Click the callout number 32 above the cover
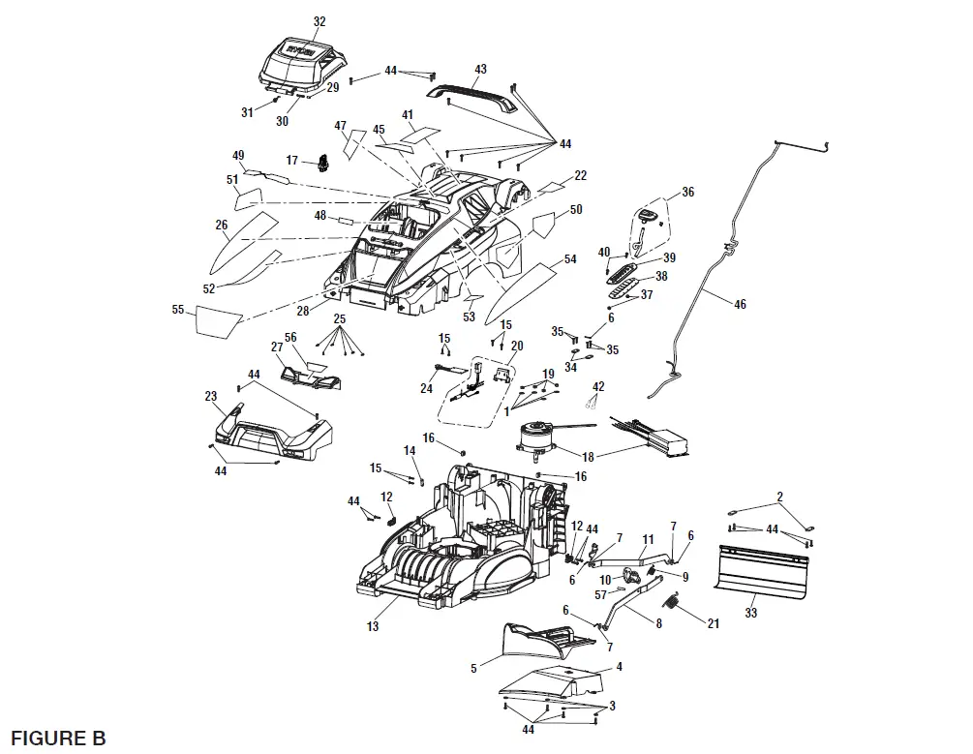pyautogui.click(x=320, y=21)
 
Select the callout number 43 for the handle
pyautogui.click(x=480, y=70)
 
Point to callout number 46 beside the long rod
pyautogui.click(x=740, y=304)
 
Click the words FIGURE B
pyautogui.click(x=58, y=738)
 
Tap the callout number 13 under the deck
pyautogui.click(x=373, y=626)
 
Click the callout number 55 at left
pyautogui.click(x=177, y=311)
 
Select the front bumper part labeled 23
pyautogui.click(x=271, y=434)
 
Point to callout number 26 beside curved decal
pyautogui.click(x=222, y=225)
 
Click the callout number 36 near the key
pyautogui.click(x=688, y=193)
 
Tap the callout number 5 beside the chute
pyautogui.click(x=472, y=667)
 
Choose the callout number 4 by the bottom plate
pyautogui.click(x=620, y=667)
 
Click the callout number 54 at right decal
pyautogui.click(x=570, y=259)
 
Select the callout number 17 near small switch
pyautogui.click(x=292, y=160)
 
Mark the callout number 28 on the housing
pyautogui.click(x=303, y=310)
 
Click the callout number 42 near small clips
pyautogui.click(x=598, y=386)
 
